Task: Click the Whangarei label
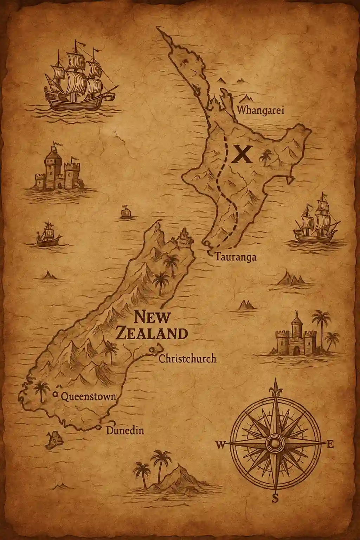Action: tap(261, 110)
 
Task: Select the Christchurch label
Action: tap(187, 359)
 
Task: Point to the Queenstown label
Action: tap(88, 397)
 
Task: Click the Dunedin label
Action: tap(125, 430)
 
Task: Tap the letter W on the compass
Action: tap(220, 445)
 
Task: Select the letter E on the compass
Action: tap(330, 445)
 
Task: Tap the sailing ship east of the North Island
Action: tap(315, 221)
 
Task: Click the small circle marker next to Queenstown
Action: tap(55, 394)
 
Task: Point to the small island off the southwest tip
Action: tap(54, 440)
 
